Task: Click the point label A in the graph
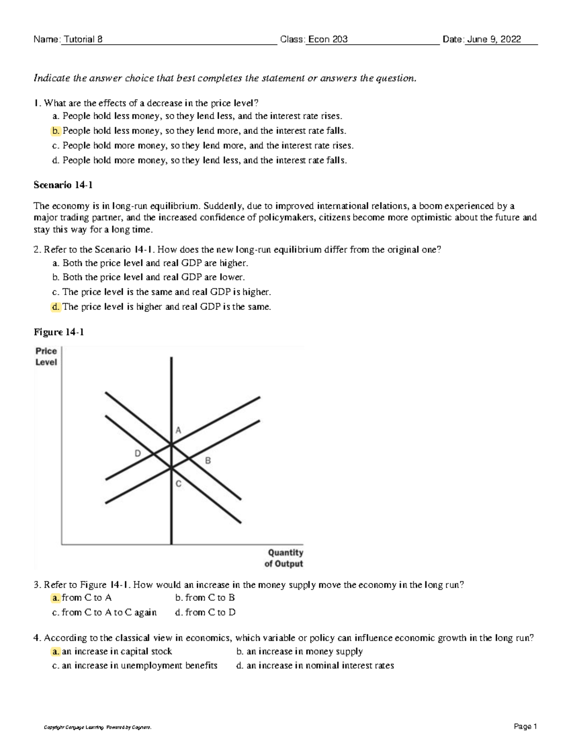[178, 430]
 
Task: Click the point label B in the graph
[207, 461]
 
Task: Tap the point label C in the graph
[178, 484]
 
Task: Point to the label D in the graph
[138, 453]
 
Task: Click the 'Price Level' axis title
[46, 356]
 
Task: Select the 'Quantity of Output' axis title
[285, 558]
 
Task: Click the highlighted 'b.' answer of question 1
[56, 131]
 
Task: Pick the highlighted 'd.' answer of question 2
[56, 307]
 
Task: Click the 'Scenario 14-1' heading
[63, 185]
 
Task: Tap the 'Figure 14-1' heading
[59, 332]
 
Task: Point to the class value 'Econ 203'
[328, 39]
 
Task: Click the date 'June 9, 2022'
[493, 39]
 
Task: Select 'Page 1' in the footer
[525, 726]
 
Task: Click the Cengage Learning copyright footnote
[98, 727]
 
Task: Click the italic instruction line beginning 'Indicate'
[225, 78]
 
